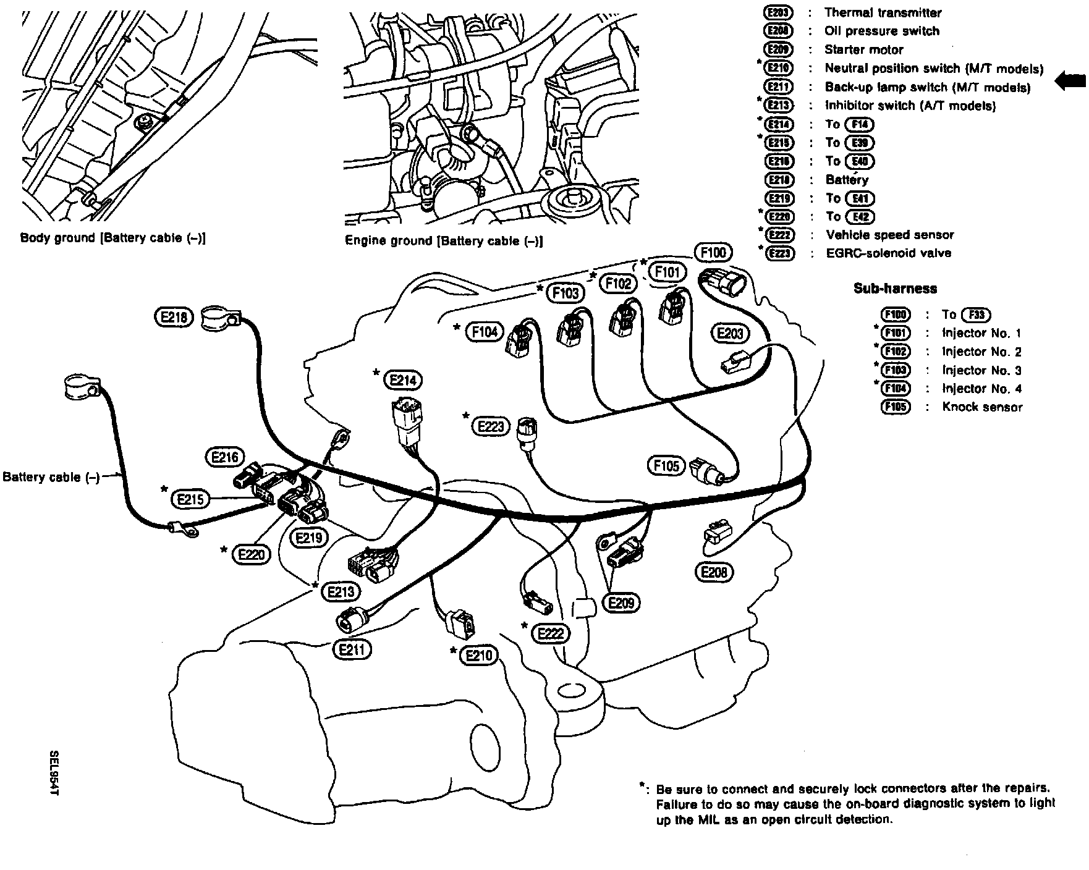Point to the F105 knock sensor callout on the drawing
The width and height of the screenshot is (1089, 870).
(666, 465)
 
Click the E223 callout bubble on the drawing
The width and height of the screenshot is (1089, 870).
(491, 426)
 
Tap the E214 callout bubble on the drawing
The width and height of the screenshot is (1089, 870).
(403, 380)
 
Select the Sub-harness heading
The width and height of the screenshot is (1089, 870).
(895, 288)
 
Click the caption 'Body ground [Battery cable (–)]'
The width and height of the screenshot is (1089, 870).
(113, 238)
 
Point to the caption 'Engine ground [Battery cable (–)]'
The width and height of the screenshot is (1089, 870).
(444, 240)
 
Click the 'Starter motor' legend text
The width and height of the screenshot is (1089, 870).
(863, 49)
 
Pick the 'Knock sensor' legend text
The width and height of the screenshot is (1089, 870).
(982, 407)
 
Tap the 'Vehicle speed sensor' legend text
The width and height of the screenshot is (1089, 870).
(889, 235)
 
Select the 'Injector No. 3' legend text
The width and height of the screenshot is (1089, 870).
(981, 370)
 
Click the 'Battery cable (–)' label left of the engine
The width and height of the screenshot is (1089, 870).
(51, 477)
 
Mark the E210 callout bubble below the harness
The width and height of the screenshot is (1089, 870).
(479, 655)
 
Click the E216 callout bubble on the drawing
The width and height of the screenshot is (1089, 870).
(224, 457)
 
